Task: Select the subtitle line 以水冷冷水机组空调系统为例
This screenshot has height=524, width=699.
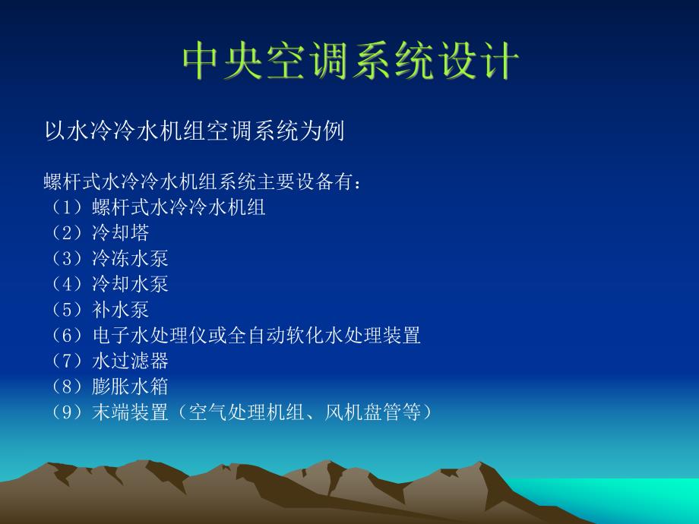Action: click(x=195, y=131)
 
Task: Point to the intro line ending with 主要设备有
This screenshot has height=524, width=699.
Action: click(x=205, y=182)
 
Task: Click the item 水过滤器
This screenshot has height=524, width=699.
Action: click(x=130, y=360)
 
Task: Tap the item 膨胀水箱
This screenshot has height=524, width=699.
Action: click(x=130, y=386)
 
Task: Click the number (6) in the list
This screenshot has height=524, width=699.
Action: click(x=67, y=335)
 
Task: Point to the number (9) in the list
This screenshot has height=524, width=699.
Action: click(x=67, y=412)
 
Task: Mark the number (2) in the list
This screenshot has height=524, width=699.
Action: click(x=67, y=233)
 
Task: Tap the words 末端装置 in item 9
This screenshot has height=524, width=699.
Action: click(x=130, y=412)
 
